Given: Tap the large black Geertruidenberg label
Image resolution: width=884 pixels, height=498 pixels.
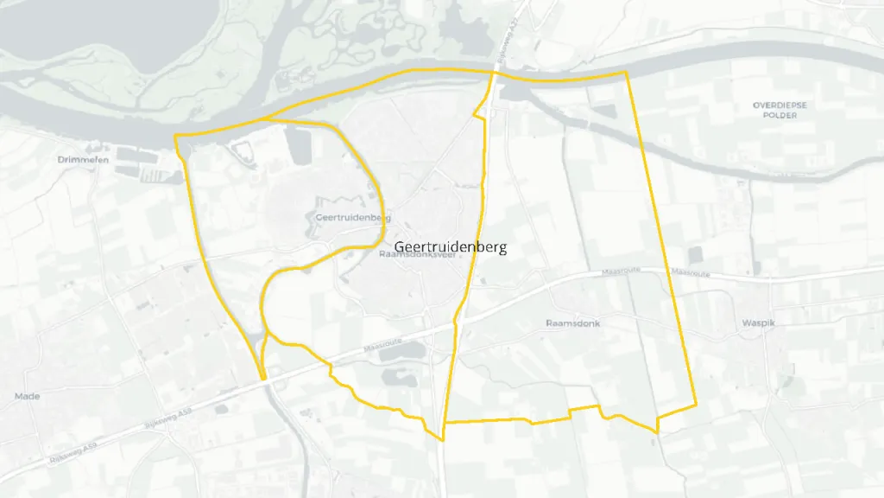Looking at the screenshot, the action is (451, 247).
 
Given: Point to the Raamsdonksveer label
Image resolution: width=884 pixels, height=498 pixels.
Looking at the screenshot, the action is (418, 256).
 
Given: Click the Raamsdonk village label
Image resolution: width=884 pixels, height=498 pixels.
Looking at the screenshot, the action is (572, 323).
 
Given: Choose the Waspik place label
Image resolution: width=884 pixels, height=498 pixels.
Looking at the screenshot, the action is (761, 324).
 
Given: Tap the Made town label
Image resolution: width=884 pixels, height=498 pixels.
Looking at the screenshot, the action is (28, 396).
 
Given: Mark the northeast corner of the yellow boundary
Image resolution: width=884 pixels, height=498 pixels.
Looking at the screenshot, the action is (626, 73).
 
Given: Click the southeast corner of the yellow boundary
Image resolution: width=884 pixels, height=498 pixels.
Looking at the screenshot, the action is (696, 408).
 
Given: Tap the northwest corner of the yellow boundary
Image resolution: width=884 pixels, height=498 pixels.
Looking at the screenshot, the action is (175, 136).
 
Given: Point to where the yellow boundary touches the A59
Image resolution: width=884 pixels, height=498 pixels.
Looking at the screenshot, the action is (262, 379).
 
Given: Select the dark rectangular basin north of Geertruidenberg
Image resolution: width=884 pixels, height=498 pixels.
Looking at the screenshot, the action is (298, 145).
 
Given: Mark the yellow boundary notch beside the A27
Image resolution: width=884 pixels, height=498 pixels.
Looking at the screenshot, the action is (476, 115).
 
